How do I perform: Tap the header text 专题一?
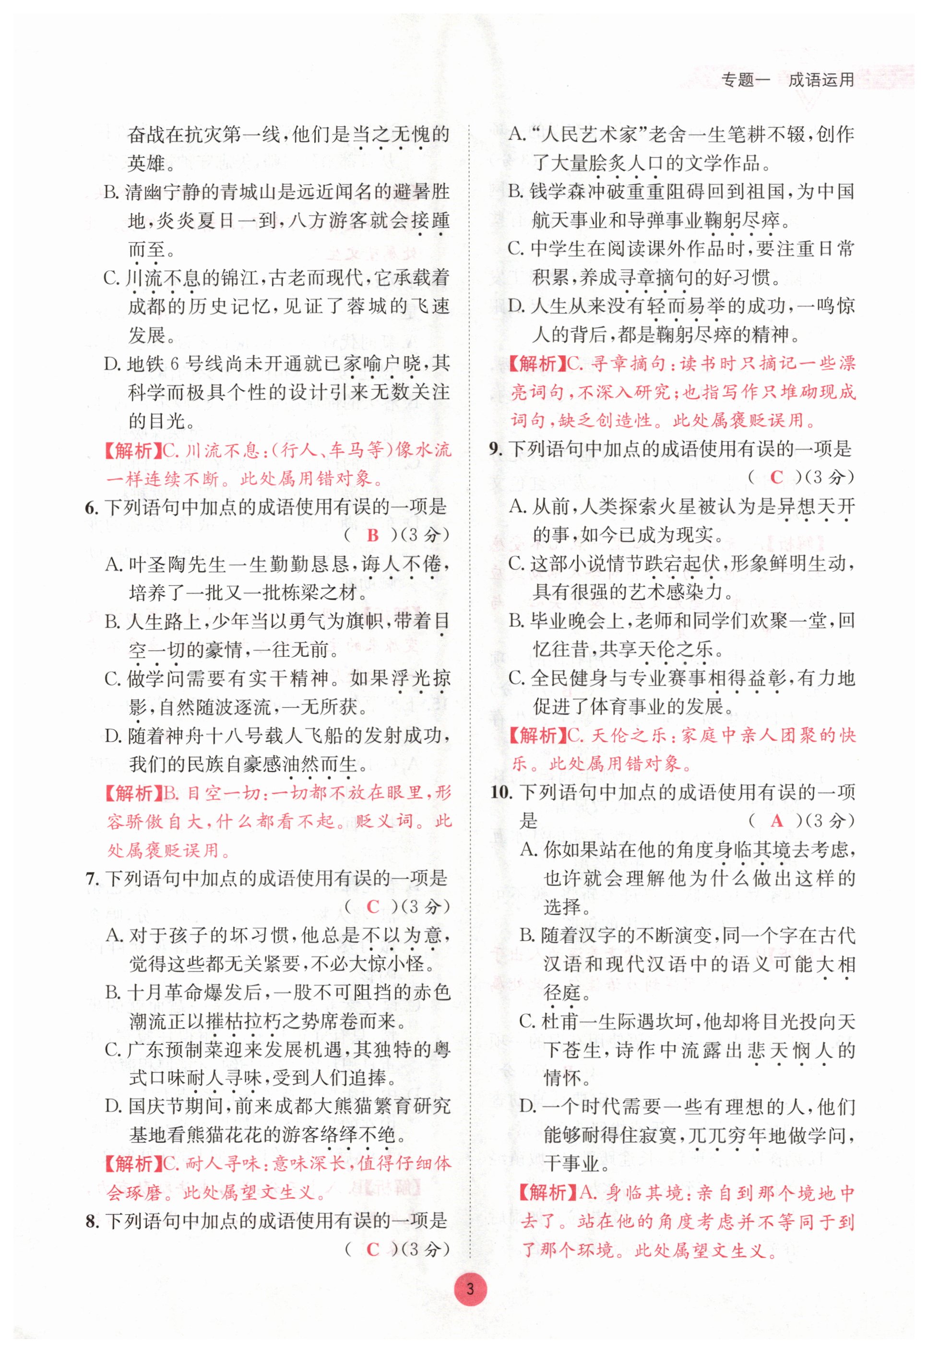[745, 80]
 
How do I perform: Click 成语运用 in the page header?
[821, 80]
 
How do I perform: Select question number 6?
[91, 508]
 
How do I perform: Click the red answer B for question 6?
[373, 536]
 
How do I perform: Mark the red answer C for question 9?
[776, 478]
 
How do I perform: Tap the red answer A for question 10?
[777, 821]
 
